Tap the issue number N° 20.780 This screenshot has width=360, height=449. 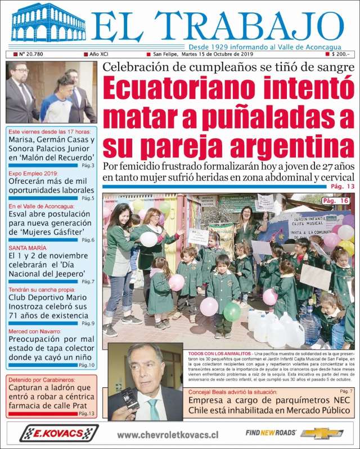pos(34,55)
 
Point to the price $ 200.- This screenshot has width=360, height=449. pos(340,55)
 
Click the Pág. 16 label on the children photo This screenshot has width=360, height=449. pos(335,201)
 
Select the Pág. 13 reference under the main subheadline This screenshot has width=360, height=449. pos(343,187)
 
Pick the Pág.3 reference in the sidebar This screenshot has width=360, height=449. pos(88,166)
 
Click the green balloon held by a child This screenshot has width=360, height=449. pos(232,311)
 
